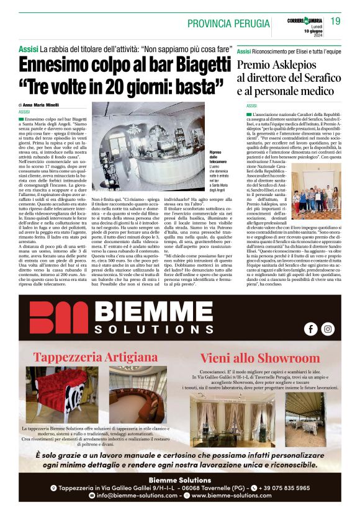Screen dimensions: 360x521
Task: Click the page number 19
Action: (335, 21)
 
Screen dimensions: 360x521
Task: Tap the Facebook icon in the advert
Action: (310, 329)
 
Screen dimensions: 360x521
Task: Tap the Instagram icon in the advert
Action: (328, 329)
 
